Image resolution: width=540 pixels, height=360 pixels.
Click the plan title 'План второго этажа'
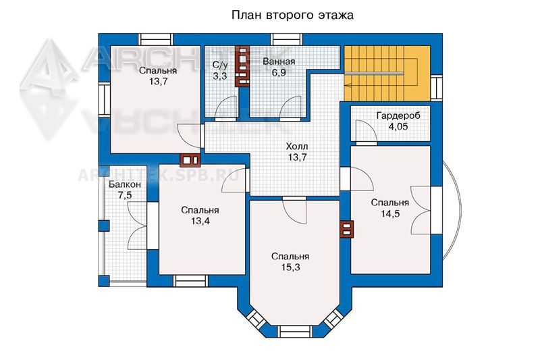tap(292, 16)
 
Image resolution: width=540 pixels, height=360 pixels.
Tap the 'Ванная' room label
tap(279, 61)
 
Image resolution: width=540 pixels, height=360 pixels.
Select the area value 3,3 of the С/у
tap(220, 76)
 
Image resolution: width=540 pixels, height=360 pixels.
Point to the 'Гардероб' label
tap(398, 115)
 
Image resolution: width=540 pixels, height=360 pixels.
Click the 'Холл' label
tap(297, 147)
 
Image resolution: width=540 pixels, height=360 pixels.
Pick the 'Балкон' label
tap(125, 184)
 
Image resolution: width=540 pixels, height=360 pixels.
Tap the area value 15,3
tap(290, 267)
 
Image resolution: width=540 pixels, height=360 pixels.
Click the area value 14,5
tap(390, 214)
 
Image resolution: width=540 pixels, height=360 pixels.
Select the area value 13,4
tap(200, 221)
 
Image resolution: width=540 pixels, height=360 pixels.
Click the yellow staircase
tap(387, 74)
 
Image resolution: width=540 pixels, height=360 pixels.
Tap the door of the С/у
tap(225, 107)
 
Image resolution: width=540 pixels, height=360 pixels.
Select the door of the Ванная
tap(290, 107)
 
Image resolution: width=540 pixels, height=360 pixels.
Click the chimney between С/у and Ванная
tap(242, 66)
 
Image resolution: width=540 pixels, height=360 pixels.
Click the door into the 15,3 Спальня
tap(294, 211)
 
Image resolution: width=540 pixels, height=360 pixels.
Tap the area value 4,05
tap(398, 127)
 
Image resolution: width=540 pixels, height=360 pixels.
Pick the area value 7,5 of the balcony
tap(125, 196)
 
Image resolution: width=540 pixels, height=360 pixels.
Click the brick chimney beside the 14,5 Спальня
tap(347, 229)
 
